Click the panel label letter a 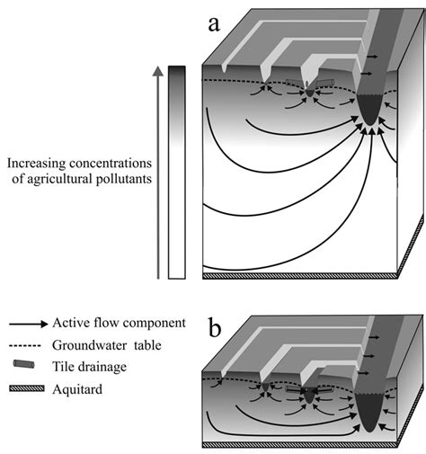(214, 24)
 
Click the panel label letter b (214, 327)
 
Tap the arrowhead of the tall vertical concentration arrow (158, 73)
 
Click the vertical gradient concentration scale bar (177, 171)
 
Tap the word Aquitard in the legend (79, 387)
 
